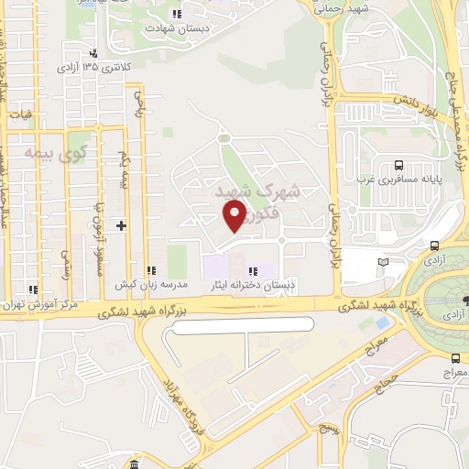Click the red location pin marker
pyautogui.click(x=234, y=216)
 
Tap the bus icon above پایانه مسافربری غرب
pyautogui.click(x=398, y=166)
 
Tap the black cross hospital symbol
pyautogui.click(x=121, y=224)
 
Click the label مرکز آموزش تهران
pyautogui.click(x=37, y=303)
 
